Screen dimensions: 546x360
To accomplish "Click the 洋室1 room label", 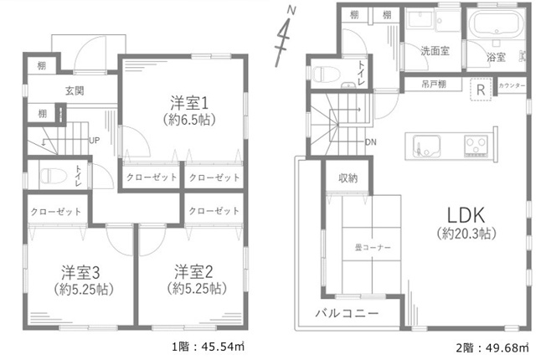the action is (x=189, y=103).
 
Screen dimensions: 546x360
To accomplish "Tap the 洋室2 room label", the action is (x=193, y=272).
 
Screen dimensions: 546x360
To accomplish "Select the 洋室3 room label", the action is (x=80, y=273).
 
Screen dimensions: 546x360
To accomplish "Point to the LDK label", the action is (x=466, y=215).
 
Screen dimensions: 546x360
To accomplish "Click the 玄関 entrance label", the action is (x=75, y=91).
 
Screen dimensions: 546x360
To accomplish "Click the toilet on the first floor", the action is (x=54, y=175).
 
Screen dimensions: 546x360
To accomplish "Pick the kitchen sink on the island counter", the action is (x=426, y=146).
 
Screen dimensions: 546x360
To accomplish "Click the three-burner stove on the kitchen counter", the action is (x=476, y=145).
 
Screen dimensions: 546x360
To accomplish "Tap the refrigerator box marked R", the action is (x=481, y=90).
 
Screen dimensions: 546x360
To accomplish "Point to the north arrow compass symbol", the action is (x=285, y=36).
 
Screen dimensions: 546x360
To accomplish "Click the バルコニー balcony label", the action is (x=347, y=313).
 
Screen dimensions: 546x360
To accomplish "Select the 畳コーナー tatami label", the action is (x=373, y=248).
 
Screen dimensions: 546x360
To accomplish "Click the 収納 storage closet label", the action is (x=348, y=178).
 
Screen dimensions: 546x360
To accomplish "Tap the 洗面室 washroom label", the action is (x=435, y=51).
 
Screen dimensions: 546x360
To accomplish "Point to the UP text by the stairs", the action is (x=95, y=141).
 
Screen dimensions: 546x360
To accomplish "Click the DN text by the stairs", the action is (x=371, y=142).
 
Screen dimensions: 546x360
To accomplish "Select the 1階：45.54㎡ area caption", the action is (x=209, y=347).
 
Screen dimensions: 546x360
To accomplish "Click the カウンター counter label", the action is (x=512, y=85).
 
